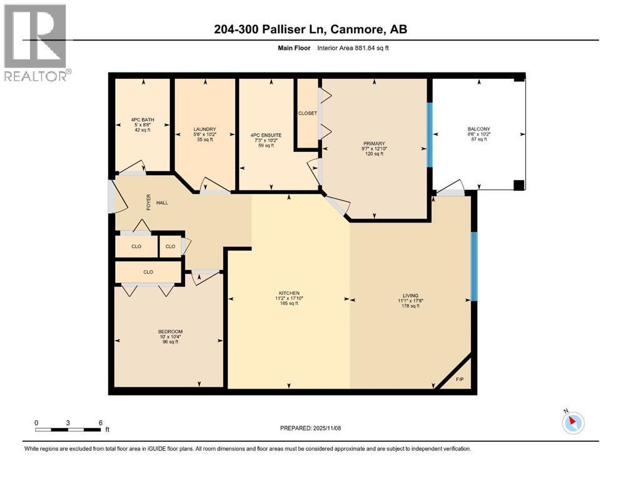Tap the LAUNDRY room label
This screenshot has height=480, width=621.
point(204,129)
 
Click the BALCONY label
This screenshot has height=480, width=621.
point(477,127)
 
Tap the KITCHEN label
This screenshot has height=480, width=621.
point(289,293)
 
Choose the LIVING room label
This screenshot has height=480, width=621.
point(410,296)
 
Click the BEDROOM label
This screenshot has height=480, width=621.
point(170,332)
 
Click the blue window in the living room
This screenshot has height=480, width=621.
point(473,266)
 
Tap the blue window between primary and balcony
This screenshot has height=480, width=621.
point(430,135)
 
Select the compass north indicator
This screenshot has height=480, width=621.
point(572,422)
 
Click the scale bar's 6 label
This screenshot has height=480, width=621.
point(101,422)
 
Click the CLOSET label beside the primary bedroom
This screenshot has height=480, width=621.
point(308,113)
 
